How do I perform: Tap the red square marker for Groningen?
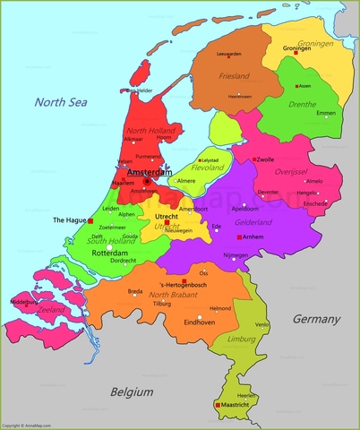(295, 53)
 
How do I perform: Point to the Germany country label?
(316, 319)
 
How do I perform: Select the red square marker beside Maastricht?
(218, 405)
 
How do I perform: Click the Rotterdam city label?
(107, 253)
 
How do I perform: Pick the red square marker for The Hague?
(90, 219)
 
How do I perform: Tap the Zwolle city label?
(266, 159)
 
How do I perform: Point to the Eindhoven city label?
(198, 321)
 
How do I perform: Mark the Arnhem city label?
(253, 236)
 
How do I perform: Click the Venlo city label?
(261, 324)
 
